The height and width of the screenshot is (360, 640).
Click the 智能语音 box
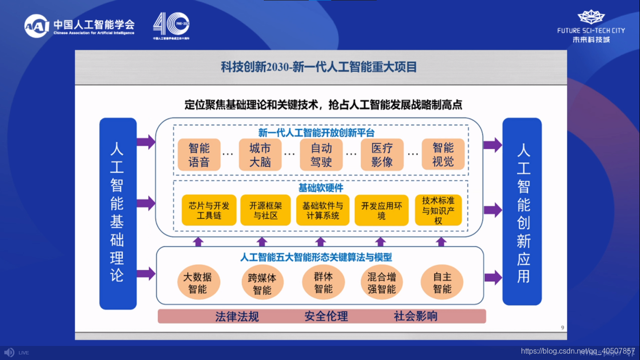[199, 155]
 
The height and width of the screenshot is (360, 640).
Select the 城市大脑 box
[260, 155]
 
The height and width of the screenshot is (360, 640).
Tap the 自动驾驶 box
[321, 155]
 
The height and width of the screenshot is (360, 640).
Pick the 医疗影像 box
[382, 155]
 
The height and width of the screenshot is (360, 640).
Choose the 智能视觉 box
[443, 155]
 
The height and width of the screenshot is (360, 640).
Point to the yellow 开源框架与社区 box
[266, 210]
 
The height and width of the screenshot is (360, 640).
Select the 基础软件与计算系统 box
[323, 210]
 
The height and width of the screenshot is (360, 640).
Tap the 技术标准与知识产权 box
[438, 210]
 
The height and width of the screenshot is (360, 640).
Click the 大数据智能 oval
[198, 283]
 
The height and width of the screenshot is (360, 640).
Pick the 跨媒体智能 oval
[262, 284]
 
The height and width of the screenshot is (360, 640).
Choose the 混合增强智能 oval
[381, 283]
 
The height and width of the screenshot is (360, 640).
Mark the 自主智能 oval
[442, 283]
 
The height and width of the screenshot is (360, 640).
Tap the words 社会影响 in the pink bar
[416, 316]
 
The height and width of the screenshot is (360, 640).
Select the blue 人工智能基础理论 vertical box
[118, 213]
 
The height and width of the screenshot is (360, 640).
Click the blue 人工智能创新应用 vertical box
[522, 212]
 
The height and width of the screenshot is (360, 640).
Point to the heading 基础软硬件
[321, 188]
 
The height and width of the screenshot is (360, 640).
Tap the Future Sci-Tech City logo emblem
[591, 17]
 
